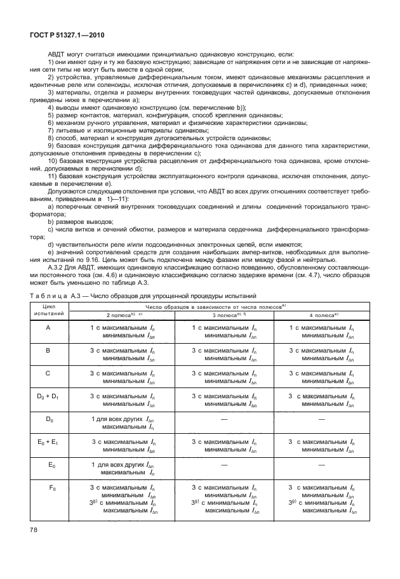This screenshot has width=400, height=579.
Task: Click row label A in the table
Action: pyautogui.click(x=49, y=328)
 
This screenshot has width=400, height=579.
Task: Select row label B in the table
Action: pyautogui.click(x=49, y=349)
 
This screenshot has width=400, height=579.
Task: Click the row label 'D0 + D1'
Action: pyautogui.click(x=49, y=396)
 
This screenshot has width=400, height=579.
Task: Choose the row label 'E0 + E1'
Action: pyautogui.click(x=49, y=442)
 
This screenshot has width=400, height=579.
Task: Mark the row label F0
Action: pyautogui.click(x=49, y=488)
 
